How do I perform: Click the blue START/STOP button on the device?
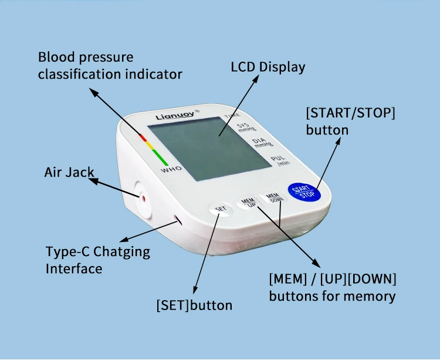304,192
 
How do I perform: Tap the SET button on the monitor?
220,208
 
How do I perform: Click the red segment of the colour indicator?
143,137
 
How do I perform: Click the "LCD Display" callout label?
268,67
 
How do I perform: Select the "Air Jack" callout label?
69,173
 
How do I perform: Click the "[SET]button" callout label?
194,305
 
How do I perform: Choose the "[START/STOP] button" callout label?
350,121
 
